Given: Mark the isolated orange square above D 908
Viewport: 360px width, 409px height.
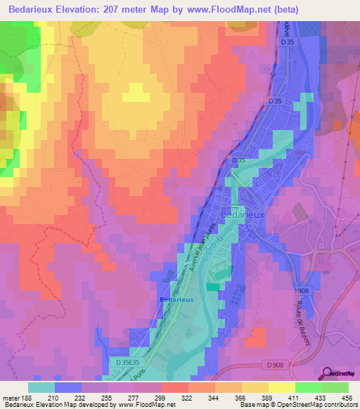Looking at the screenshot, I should point(257,337).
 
